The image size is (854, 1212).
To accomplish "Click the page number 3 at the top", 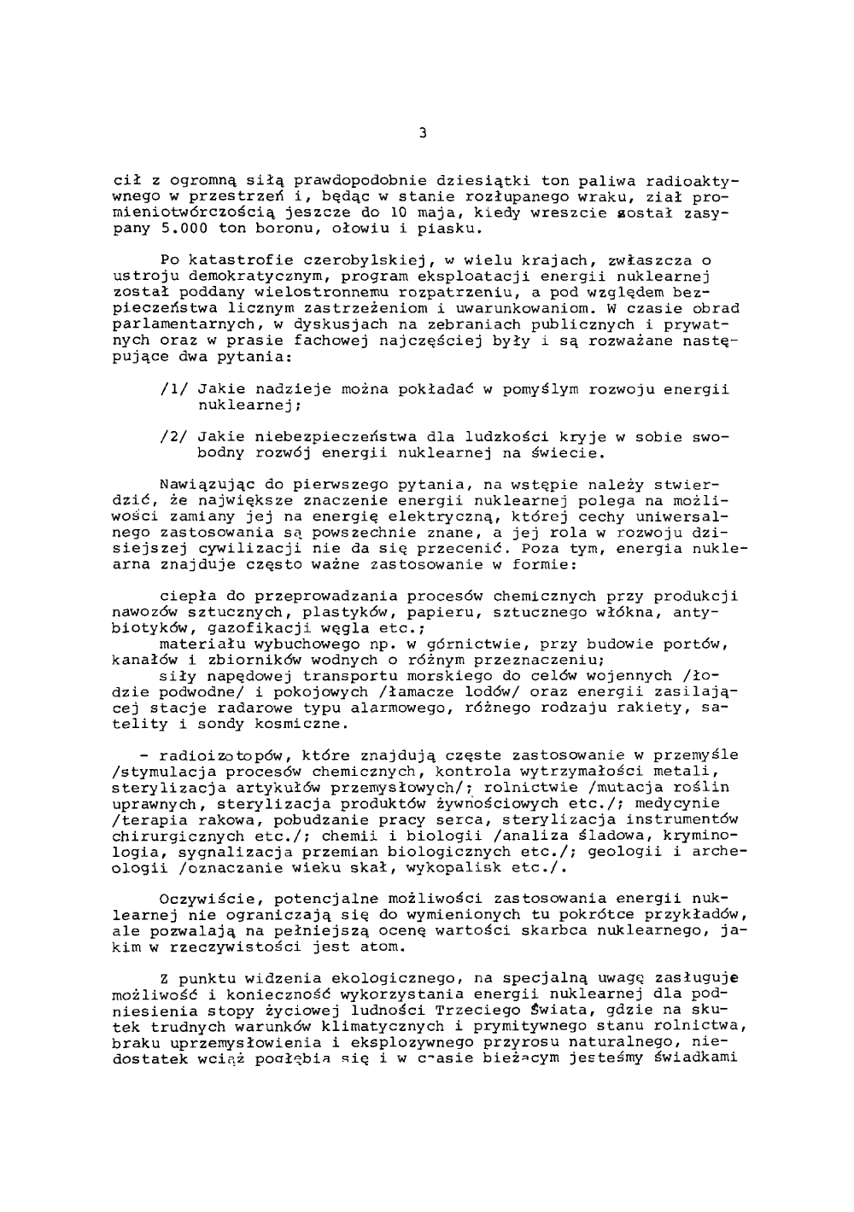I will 423,133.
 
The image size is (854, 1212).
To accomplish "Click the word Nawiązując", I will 203,484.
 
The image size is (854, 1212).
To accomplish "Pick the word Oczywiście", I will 203,898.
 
